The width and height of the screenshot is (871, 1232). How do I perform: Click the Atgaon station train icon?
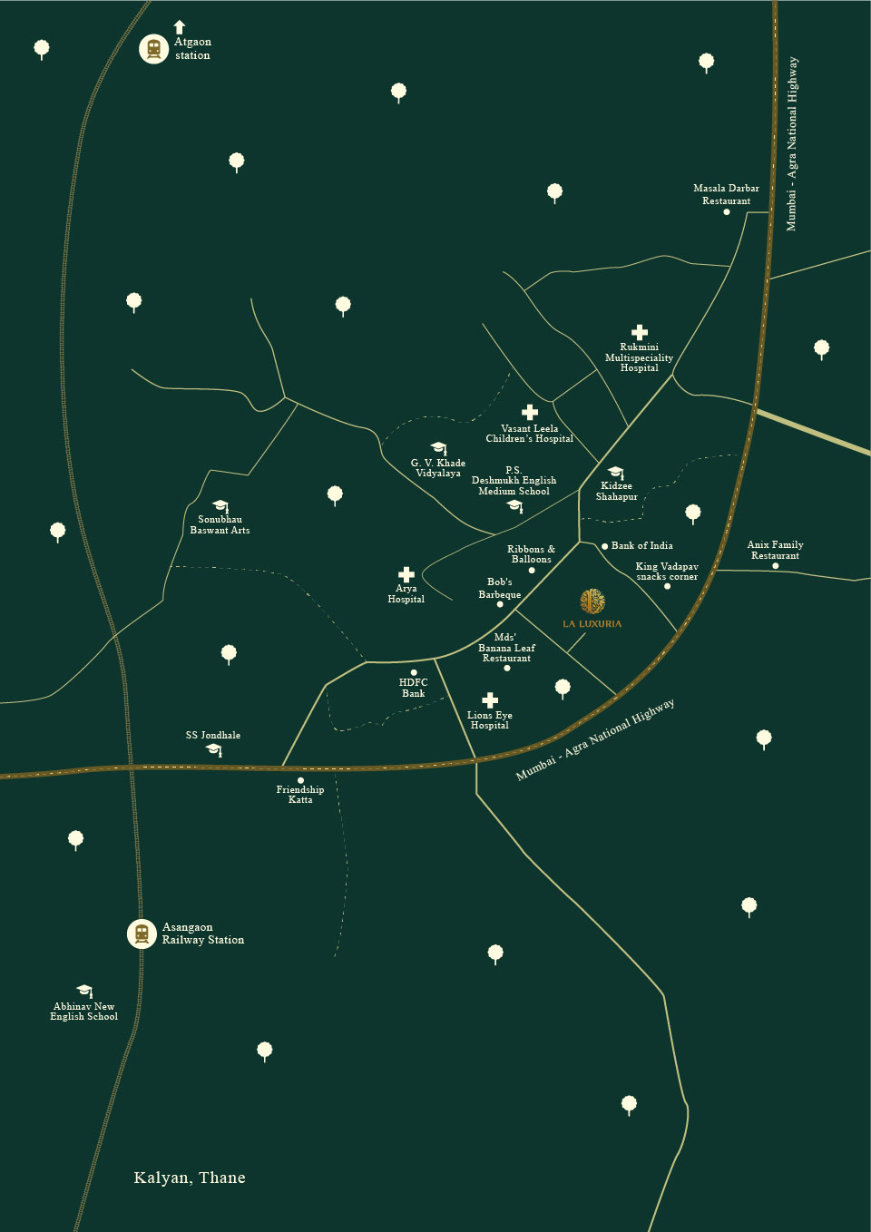tap(153, 49)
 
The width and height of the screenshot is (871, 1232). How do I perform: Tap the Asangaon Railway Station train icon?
tap(142, 934)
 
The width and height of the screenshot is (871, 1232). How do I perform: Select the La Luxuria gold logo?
tap(592, 601)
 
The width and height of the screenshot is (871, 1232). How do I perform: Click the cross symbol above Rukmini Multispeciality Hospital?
tap(640, 333)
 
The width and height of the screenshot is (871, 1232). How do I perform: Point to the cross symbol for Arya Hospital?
tap(406, 574)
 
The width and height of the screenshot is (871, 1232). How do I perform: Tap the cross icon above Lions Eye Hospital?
tap(490, 700)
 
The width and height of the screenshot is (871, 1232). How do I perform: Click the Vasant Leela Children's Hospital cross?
tap(530, 413)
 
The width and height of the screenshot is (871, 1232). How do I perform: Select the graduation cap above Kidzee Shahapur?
tap(616, 473)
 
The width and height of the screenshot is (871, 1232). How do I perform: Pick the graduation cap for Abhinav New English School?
tap(84, 992)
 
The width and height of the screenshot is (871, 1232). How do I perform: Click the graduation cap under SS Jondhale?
tap(213, 749)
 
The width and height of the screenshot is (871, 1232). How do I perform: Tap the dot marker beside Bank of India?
tap(605, 546)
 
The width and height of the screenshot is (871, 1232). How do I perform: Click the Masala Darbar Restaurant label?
tap(726, 194)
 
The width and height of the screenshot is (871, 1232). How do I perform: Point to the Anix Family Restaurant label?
tap(775, 550)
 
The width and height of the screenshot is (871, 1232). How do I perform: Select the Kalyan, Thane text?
tap(190, 1178)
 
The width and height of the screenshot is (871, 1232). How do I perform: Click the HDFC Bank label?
tap(413, 688)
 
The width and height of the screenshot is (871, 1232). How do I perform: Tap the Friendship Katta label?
tap(300, 795)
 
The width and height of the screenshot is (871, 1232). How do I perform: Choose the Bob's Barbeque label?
tap(500, 588)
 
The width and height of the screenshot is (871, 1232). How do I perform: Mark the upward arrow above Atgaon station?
tap(180, 27)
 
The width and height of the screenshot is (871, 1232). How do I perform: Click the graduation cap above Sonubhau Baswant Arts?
tap(220, 506)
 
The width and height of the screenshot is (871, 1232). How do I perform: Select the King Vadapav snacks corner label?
tap(667, 572)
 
